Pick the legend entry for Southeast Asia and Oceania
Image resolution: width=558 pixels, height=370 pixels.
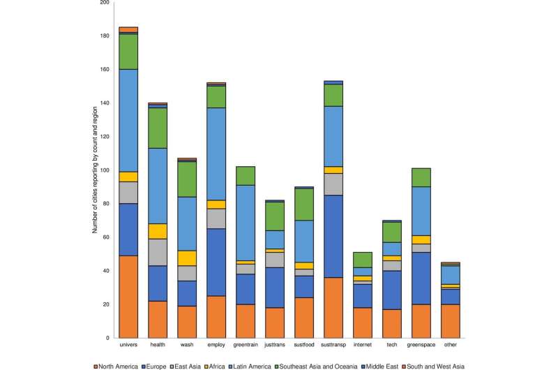click(331, 364)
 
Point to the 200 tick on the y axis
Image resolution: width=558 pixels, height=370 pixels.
click(105, 3)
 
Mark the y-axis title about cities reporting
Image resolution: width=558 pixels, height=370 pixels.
click(96, 171)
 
